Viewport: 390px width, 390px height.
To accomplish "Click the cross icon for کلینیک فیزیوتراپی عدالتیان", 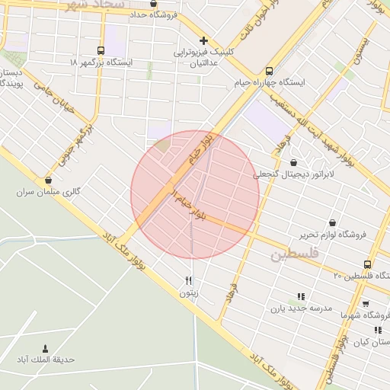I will pos(203,40).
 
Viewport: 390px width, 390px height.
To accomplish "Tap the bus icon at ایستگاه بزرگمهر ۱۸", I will pos(102,50).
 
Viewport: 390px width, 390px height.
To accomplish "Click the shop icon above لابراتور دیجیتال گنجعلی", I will pos(294,161).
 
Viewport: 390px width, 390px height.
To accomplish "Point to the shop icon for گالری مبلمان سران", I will pos(49,181).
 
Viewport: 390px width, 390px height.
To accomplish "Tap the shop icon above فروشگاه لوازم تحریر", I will pos(332,222).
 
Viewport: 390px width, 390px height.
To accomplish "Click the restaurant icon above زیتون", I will pos(188,280).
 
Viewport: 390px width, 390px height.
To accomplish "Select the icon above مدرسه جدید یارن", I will pos(301,296).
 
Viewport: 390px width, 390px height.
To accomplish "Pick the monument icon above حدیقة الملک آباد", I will pos(43,347).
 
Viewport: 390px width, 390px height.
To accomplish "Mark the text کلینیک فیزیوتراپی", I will pos(201,53).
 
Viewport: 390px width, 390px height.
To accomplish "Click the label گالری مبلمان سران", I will pos(48,193).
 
